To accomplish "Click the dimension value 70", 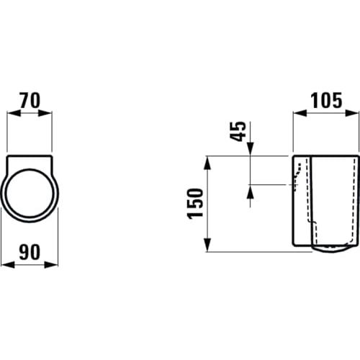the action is click(x=30, y=101).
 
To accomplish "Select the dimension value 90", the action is click(x=30, y=252).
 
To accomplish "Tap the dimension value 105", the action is click(x=326, y=101).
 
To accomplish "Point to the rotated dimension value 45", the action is click(x=238, y=131).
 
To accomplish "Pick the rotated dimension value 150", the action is click(x=194, y=204).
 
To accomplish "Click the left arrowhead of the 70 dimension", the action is click(x=14, y=113).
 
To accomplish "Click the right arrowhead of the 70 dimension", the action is click(x=45, y=113).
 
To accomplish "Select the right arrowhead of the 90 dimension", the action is click(x=51, y=265).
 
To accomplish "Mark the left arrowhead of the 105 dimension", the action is click(x=300, y=113).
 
